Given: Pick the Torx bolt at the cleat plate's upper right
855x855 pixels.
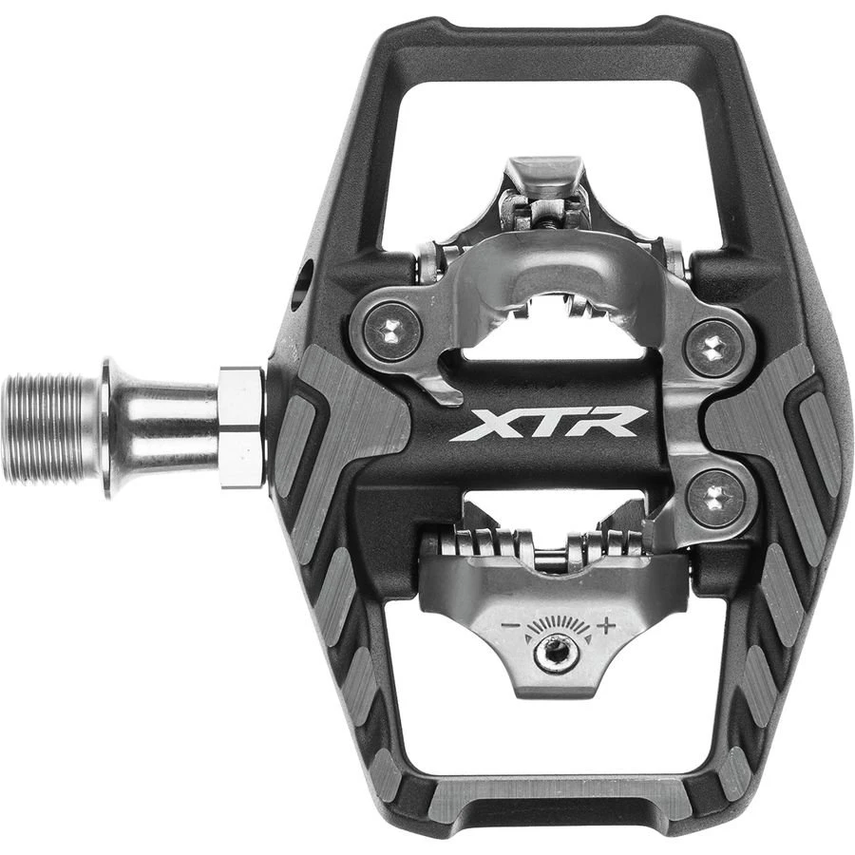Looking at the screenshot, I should pos(712,348).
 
